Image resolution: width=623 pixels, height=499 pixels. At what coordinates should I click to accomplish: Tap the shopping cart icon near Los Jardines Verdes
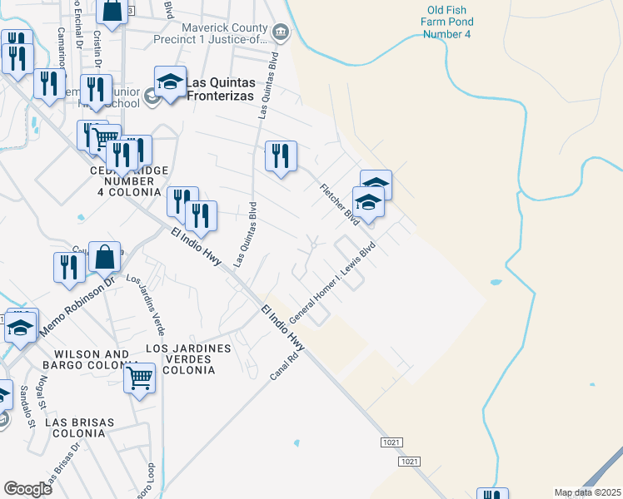point(140,378)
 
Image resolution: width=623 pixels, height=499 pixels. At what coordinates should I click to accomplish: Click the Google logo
point(27,489)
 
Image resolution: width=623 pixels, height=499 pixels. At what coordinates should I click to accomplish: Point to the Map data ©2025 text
point(587,492)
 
